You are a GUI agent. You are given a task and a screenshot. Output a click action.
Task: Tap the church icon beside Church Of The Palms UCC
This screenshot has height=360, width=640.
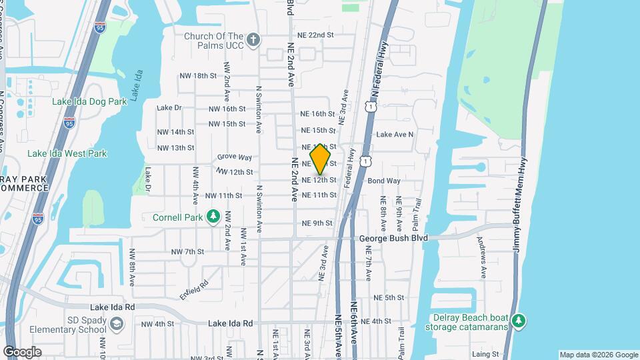(253, 40)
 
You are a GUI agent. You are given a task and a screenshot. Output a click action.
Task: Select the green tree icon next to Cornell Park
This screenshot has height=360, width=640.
(213, 217)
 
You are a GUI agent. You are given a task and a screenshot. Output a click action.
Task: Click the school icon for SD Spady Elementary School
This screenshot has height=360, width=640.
(117, 324)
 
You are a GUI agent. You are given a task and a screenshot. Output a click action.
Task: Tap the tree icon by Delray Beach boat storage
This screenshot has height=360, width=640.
(519, 322)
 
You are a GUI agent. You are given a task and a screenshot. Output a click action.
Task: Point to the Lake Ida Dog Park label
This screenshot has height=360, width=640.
(89, 102)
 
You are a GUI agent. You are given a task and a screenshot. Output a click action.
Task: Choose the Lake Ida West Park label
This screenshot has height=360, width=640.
(67, 153)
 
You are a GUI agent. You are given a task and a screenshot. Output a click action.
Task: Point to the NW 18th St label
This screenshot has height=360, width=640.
(198, 76)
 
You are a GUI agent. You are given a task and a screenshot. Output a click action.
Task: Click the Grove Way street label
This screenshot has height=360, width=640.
(235, 157)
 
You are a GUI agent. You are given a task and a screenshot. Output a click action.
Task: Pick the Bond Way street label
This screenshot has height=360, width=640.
(384, 181)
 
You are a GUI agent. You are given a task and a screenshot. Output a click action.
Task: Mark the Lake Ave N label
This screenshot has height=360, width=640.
(395, 134)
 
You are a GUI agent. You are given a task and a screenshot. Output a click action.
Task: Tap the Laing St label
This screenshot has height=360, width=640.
(485, 354)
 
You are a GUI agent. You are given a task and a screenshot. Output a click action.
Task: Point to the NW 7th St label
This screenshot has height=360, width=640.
(187, 251)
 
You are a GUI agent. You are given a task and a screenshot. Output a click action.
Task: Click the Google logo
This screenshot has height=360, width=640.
(22, 352)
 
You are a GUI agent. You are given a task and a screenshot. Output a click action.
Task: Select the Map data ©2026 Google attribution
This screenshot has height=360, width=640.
(598, 355)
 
